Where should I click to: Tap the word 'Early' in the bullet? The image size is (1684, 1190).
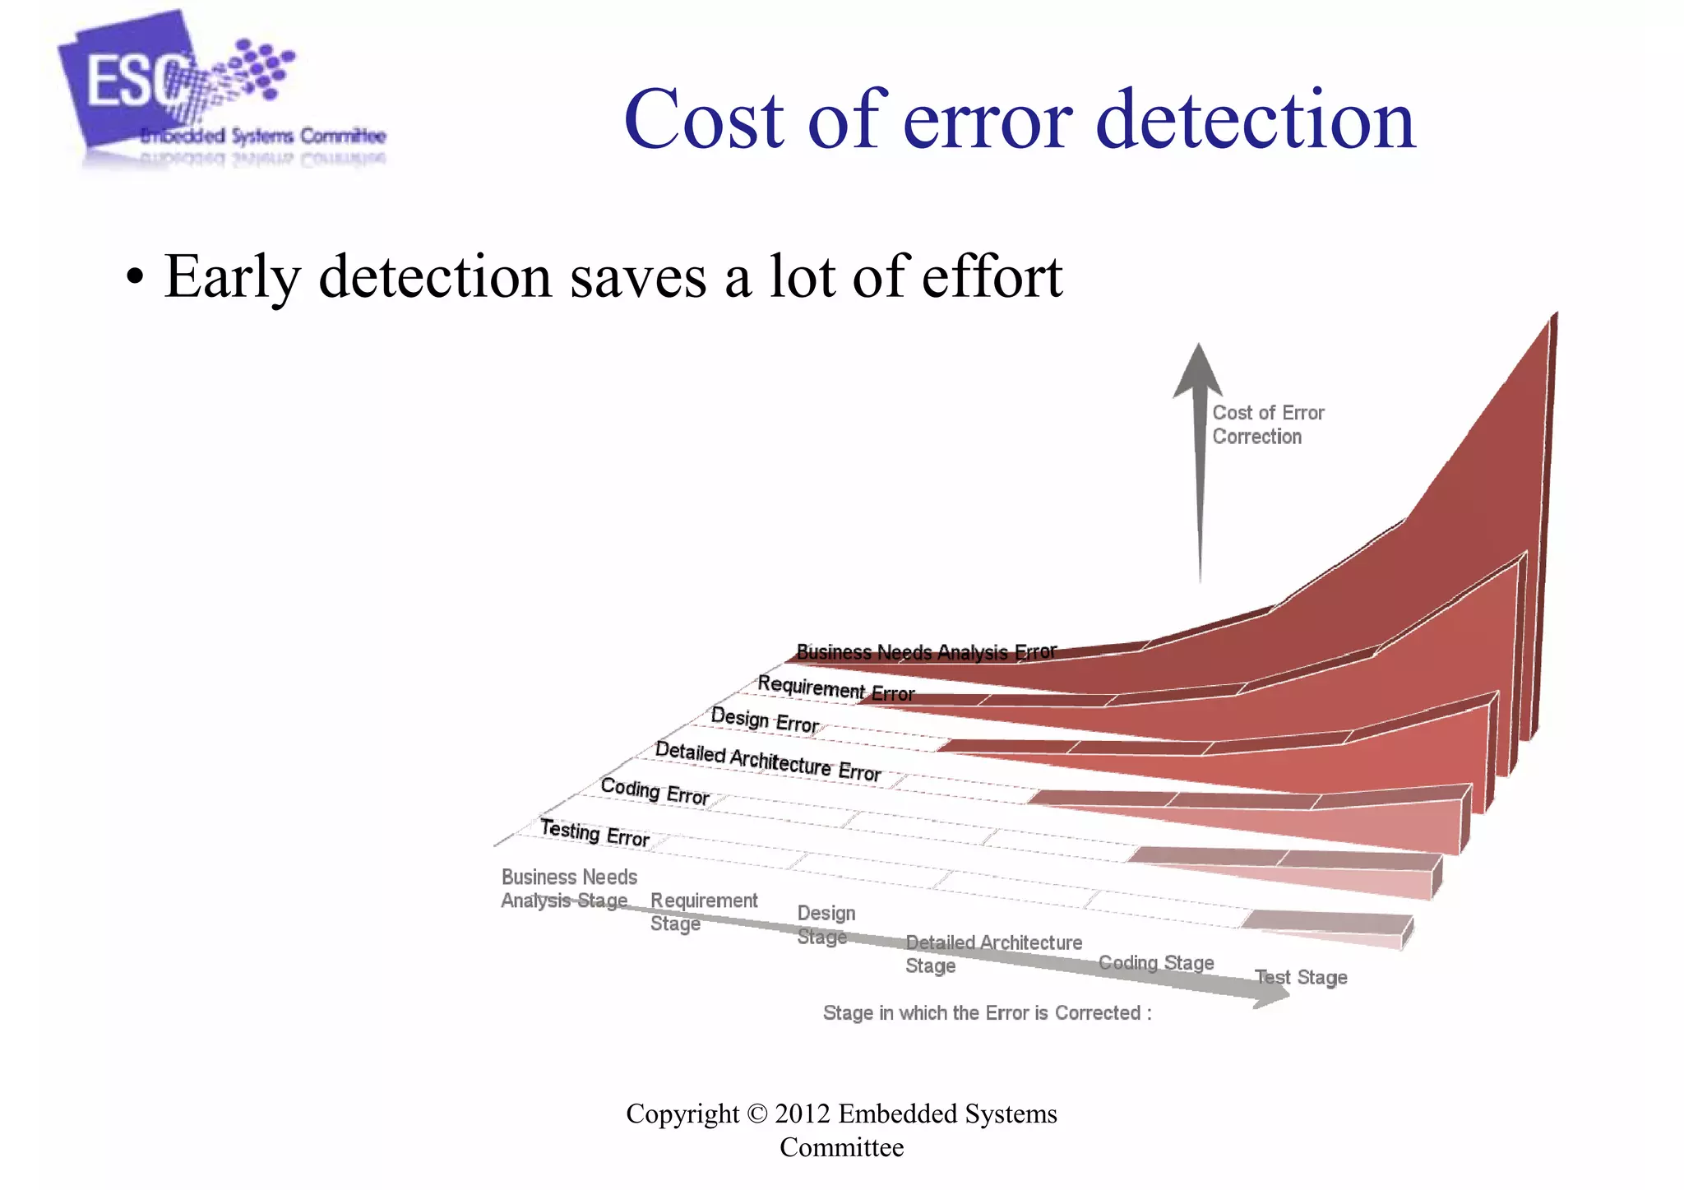tap(232, 277)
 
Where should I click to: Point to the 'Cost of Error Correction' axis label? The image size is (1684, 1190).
tap(1267, 424)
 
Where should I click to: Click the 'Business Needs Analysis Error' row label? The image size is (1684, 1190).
tap(926, 652)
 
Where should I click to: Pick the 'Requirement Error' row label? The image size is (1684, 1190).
tap(835, 688)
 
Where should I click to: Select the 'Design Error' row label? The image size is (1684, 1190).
tap(764, 720)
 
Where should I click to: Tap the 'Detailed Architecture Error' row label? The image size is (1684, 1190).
tap(767, 762)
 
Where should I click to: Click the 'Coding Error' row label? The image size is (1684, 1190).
tap(655, 791)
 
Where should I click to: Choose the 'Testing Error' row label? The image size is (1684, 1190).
tap(594, 833)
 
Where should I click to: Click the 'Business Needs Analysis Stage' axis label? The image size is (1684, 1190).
tap(568, 888)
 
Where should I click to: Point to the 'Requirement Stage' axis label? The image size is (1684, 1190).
tap(703, 911)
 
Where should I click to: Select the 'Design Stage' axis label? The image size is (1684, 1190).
tap(826, 924)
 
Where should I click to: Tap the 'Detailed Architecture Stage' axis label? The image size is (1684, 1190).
tap(992, 953)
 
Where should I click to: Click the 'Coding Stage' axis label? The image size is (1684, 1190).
tap(1155, 962)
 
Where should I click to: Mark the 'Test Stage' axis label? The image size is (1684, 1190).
tap(1300, 977)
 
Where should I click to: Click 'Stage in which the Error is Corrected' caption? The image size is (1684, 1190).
tap(987, 1012)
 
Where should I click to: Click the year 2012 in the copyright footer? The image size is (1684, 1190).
tap(803, 1114)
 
